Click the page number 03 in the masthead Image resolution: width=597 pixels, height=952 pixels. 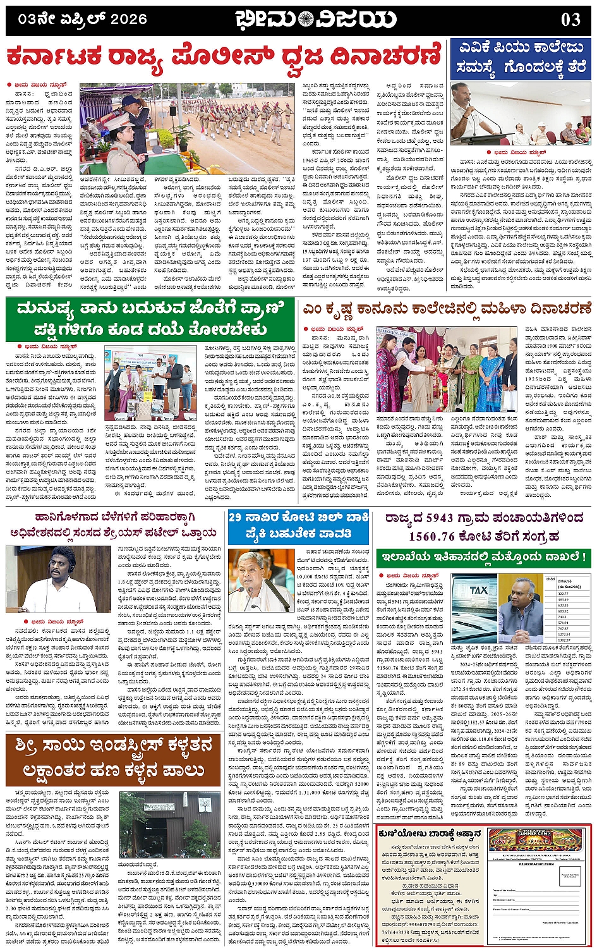point(570,20)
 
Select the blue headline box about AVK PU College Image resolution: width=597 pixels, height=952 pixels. point(521,58)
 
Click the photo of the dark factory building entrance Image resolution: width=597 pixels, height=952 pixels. point(160,824)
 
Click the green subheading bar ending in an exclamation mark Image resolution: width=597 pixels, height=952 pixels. point(483,558)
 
